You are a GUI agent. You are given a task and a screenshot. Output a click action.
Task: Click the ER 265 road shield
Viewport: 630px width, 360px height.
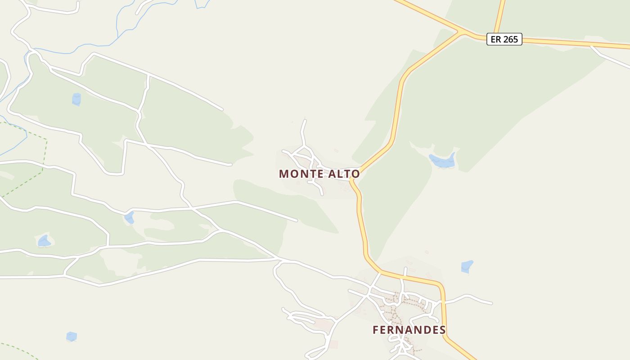[504, 39]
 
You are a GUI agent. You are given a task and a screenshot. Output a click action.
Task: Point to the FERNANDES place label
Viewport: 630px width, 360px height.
[409, 330]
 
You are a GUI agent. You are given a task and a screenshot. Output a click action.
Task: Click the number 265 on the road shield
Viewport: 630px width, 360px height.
[510, 39]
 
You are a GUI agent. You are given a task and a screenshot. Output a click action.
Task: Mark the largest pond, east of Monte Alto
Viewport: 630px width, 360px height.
[443, 161]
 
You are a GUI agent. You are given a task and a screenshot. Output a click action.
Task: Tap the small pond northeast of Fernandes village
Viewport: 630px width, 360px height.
[467, 266]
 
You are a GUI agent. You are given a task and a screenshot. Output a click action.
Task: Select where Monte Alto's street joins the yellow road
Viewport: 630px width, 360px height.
[352, 179]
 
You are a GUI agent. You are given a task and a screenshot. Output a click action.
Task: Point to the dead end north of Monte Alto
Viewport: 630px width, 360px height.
[305, 120]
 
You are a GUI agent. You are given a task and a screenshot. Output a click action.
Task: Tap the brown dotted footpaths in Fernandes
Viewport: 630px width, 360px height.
[396, 310]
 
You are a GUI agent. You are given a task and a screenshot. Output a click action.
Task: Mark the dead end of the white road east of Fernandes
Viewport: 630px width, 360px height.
[491, 303]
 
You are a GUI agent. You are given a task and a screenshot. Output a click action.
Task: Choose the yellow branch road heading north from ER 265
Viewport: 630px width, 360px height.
[499, 13]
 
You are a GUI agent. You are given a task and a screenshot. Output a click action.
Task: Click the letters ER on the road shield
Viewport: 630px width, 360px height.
[495, 39]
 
